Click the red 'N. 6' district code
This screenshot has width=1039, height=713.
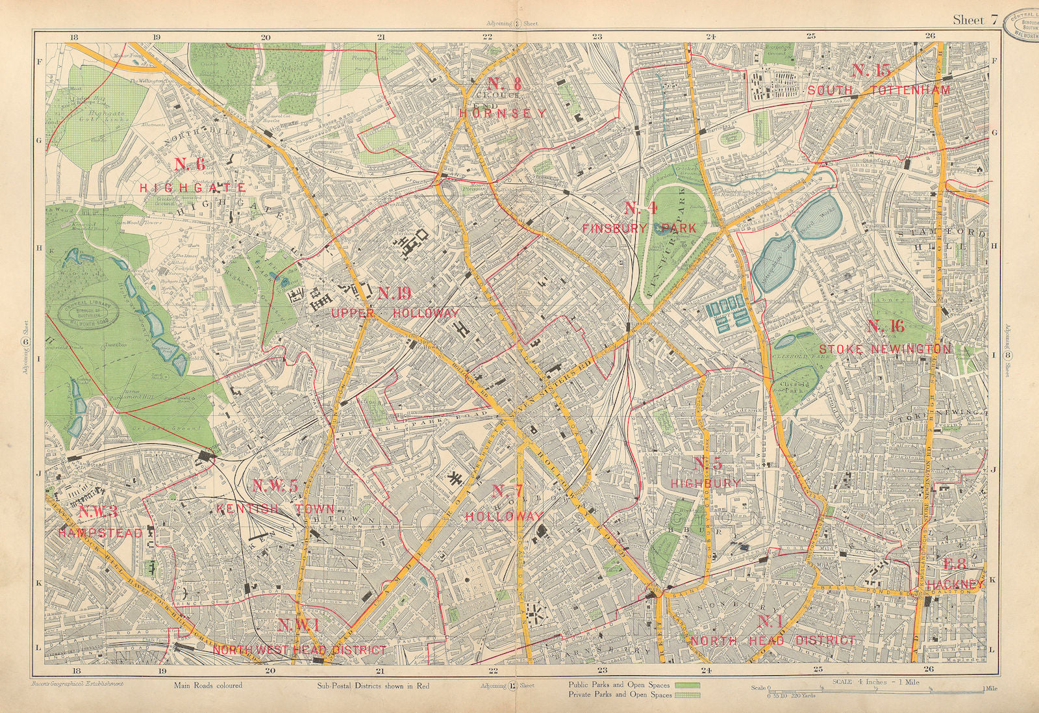(x=190, y=164)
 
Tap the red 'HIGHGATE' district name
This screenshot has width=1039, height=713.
(x=193, y=188)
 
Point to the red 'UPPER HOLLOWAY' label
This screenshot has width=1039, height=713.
(x=395, y=313)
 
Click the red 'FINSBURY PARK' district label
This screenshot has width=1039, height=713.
(x=639, y=228)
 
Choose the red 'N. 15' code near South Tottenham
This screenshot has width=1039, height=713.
(x=870, y=71)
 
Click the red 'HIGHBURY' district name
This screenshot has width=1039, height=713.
(x=706, y=483)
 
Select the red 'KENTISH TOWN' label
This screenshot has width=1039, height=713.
(x=275, y=509)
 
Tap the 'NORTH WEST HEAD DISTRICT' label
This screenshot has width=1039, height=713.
(x=299, y=650)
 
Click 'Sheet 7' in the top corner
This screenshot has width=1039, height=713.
(x=975, y=19)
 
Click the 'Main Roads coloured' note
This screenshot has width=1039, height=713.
(x=208, y=685)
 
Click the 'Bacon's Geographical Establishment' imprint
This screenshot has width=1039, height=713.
(x=77, y=684)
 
